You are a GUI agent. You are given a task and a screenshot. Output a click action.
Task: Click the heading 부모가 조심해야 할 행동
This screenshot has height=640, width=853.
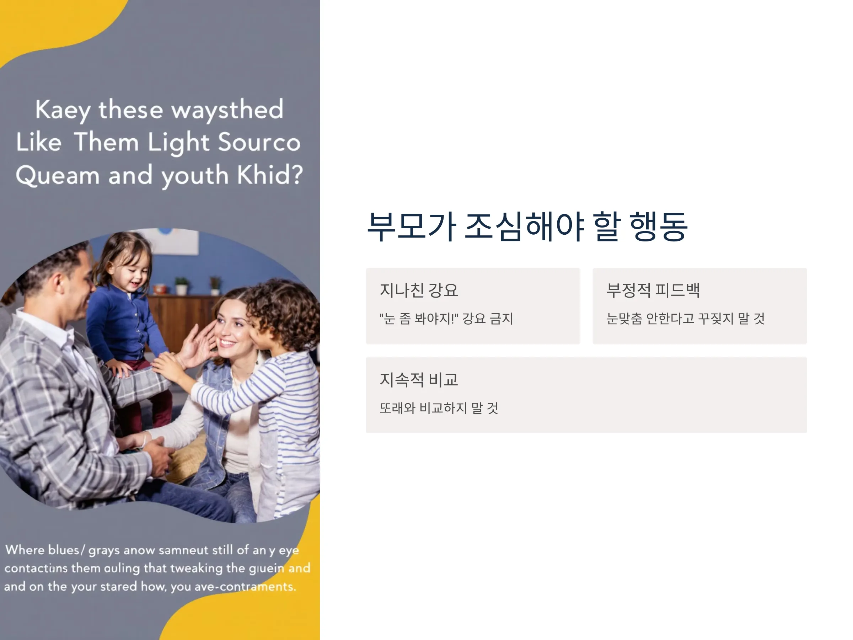click(x=527, y=226)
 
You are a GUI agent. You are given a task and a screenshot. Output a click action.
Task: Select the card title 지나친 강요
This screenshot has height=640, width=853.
click(x=419, y=290)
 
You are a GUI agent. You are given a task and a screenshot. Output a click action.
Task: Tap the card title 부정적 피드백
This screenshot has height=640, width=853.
click(x=653, y=290)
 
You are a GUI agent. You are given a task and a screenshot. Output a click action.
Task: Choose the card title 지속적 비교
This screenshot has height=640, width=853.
click(x=419, y=380)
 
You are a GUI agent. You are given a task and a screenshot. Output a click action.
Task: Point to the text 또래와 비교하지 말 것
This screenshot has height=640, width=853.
click(x=439, y=408)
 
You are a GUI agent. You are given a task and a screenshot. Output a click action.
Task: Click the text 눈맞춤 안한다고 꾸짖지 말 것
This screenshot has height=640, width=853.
click(x=685, y=319)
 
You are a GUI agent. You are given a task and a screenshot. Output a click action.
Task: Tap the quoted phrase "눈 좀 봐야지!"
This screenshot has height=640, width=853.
click(x=419, y=319)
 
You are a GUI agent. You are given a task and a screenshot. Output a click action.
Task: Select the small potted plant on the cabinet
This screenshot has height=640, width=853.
click(x=182, y=286)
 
